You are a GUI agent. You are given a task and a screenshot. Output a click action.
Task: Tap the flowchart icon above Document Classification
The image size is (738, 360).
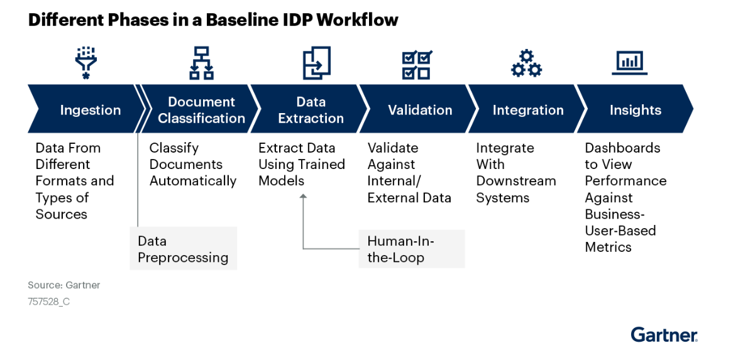[201, 63]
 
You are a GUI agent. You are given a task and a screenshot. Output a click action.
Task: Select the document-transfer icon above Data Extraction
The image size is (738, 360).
[316, 63]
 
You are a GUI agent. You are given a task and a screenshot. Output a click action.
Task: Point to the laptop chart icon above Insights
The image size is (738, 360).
[629, 62]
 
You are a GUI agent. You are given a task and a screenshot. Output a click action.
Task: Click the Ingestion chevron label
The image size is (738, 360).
[90, 110]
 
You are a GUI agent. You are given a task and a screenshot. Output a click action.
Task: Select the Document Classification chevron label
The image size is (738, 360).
[201, 110]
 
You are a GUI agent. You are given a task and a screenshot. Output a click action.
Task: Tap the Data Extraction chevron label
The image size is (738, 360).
[311, 110]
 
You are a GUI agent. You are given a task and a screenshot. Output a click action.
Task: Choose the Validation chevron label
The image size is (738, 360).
[420, 110]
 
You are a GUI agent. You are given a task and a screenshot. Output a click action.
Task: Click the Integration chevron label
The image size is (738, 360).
[528, 110]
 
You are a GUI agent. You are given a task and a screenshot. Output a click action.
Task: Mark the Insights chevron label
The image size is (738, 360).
[635, 110]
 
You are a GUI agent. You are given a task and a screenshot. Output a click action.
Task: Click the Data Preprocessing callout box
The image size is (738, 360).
[183, 249]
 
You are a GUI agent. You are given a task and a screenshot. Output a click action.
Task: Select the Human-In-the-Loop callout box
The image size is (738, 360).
[411, 249]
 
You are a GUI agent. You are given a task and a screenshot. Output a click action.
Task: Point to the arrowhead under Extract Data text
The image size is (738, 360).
[303, 197]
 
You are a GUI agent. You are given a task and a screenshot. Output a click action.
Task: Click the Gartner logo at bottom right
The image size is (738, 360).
[664, 334]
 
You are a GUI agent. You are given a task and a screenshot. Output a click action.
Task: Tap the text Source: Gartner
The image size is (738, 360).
[64, 285]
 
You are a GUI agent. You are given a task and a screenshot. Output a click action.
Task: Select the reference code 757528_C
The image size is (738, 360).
[49, 302]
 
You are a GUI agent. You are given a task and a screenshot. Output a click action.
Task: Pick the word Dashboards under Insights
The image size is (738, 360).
[622, 148]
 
